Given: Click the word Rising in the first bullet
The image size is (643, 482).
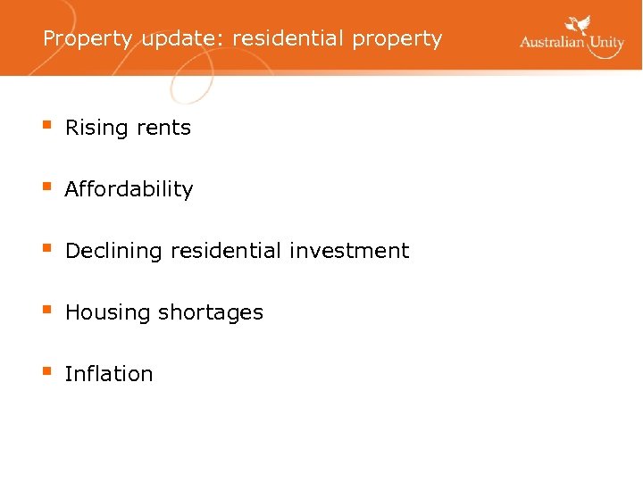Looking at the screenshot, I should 96,129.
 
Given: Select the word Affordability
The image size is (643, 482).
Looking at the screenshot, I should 129,189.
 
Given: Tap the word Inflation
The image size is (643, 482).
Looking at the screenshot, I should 109,374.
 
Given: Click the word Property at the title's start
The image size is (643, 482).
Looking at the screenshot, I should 87,39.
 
